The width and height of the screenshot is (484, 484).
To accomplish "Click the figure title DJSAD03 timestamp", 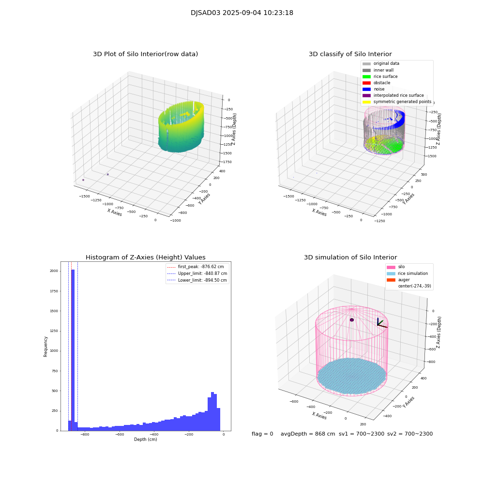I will [x=242, y=13].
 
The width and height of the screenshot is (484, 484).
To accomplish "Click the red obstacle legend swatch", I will [x=366, y=83].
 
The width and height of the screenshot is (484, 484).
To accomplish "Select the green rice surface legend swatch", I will [x=366, y=76].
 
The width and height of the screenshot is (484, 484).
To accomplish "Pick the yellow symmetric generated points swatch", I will [x=366, y=102].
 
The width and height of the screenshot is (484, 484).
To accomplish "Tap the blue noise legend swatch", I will [x=366, y=89].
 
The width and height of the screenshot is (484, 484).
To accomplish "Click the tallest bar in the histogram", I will [x=73, y=348].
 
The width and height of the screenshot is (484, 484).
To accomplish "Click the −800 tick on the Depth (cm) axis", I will [x=85, y=435].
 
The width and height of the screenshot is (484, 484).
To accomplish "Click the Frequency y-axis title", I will [x=46, y=347].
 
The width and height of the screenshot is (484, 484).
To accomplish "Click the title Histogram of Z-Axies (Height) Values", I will [x=146, y=257].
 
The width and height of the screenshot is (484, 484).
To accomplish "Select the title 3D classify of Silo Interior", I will [x=350, y=54].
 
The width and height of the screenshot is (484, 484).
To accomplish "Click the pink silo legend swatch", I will [x=391, y=267].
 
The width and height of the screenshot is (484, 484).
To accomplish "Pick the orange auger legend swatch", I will [x=391, y=280].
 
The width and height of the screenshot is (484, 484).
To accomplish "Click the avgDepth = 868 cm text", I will [x=308, y=434].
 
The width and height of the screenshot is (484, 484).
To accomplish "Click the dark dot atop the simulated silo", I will [x=352, y=320].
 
